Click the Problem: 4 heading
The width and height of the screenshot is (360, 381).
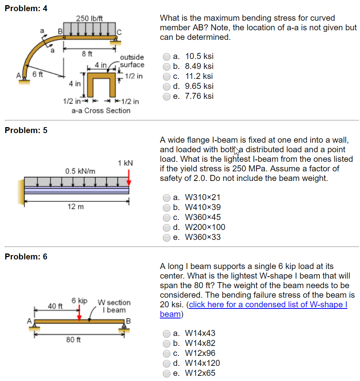(x=26, y=8)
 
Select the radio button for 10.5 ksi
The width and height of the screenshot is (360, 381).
(x=168, y=57)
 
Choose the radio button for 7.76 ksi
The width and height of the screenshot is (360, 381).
(x=168, y=96)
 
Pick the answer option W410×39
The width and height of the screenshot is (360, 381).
(x=168, y=207)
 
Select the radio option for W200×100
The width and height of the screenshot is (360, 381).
(x=168, y=227)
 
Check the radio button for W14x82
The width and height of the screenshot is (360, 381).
(x=168, y=343)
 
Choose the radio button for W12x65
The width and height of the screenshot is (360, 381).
(x=168, y=373)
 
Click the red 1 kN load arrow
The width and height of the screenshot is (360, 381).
(x=129, y=177)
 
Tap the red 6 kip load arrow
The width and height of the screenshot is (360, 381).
(x=79, y=313)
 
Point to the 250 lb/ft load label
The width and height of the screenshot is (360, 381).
(x=89, y=18)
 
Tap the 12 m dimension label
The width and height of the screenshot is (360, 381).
(x=76, y=206)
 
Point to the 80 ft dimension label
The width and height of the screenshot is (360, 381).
(x=73, y=340)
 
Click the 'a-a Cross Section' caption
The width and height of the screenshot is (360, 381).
(x=101, y=110)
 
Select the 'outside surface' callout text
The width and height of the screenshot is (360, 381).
(x=132, y=61)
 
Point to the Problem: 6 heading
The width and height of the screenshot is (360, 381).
(x=26, y=257)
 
